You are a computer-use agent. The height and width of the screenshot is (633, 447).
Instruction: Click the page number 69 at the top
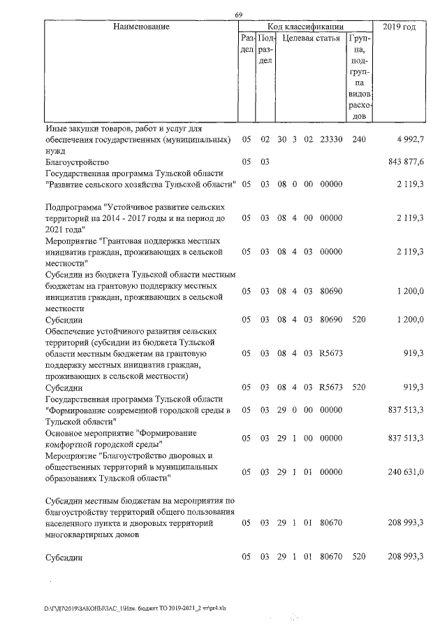238,15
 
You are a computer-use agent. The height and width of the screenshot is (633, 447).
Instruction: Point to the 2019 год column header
400,27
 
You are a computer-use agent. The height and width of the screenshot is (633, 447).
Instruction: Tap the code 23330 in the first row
330,140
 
